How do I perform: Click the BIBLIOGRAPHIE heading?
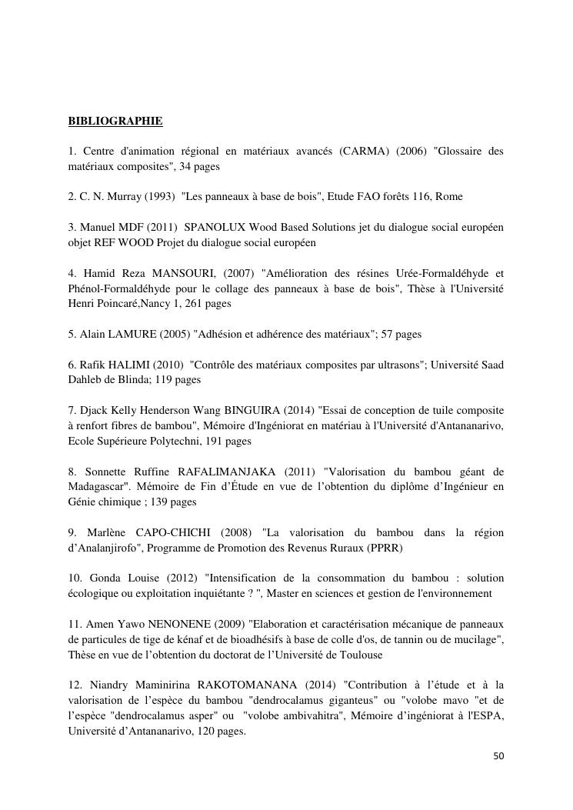point(115,121)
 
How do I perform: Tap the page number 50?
point(498,756)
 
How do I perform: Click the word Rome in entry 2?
point(448,196)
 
